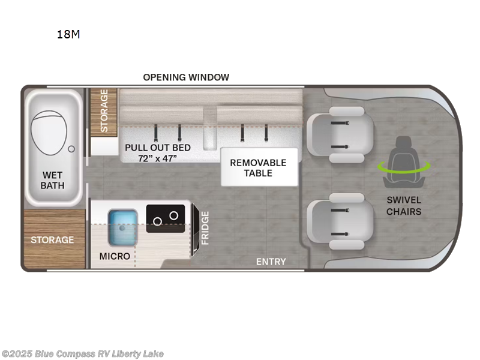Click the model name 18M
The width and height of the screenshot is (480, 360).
click(x=68, y=34)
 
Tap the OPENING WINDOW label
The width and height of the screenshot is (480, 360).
click(x=186, y=77)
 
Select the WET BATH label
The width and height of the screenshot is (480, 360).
click(x=53, y=180)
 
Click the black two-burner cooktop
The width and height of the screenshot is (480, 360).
click(x=166, y=217)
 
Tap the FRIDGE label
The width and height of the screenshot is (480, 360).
click(x=205, y=227)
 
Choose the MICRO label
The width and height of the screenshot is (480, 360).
click(x=115, y=256)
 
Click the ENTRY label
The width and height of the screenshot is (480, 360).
click(x=271, y=262)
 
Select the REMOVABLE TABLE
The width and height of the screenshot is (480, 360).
click(x=259, y=167)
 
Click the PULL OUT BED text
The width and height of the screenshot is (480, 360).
click(x=158, y=148)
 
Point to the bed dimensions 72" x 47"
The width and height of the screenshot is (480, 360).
click(x=151, y=158)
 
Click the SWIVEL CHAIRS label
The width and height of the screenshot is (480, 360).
click(x=404, y=206)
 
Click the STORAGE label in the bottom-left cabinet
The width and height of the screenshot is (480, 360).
click(x=53, y=240)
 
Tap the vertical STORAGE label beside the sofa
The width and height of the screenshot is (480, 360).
click(x=104, y=111)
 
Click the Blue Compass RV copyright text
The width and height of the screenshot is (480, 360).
click(x=82, y=354)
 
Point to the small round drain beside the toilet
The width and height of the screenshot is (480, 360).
click(x=71, y=148)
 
